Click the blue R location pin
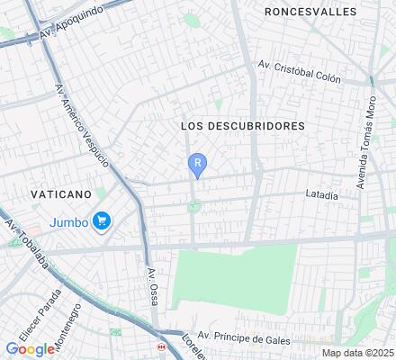tap(197, 164)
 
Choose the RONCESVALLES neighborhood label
tap(310, 12)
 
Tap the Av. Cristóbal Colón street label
tap(299, 72)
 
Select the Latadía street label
tap(321, 195)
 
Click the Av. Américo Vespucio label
tap(83, 127)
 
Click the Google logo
tap(30, 349)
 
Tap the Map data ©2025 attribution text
tap(358, 353)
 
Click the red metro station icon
tap(160, 346)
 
